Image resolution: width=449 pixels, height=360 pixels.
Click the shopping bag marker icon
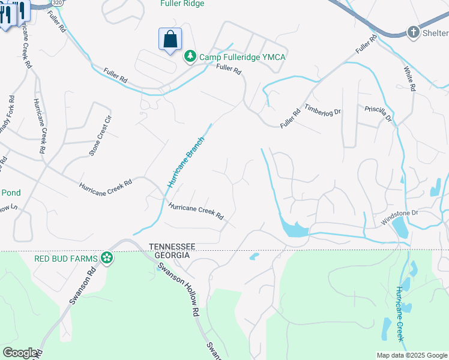click(170, 40)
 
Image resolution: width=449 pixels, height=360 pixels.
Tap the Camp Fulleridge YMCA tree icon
click(190, 56)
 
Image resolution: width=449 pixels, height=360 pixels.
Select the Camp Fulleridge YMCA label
click(242, 57)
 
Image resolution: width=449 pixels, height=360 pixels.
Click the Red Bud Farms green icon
click(107, 259)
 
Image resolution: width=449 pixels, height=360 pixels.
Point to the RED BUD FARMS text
click(65, 259)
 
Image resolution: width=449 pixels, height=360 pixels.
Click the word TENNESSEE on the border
click(173, 247)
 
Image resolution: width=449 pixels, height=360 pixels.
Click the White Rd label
click(410, 79)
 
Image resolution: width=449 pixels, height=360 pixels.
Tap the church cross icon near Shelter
click(413, 32)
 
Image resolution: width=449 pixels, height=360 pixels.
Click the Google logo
click(19, 353)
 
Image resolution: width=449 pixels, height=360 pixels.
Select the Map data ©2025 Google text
click(411, 355)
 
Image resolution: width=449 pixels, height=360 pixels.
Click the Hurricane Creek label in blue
click(400, 318)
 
